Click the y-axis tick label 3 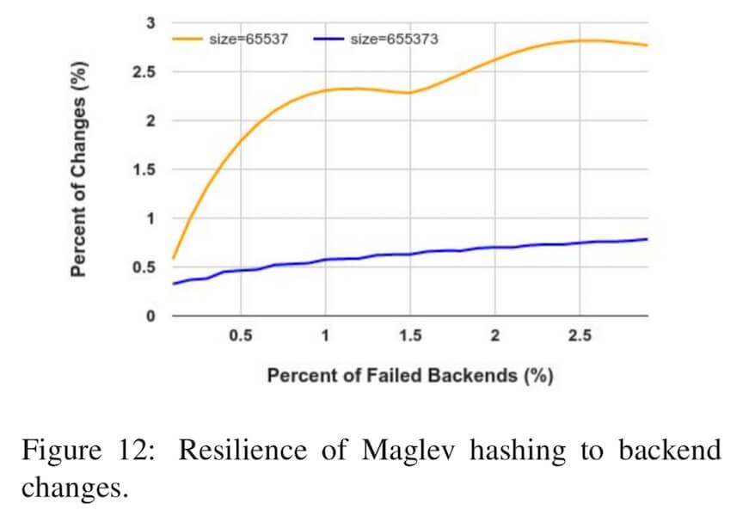click(150, 22)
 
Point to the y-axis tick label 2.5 click(144, 72)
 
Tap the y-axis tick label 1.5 click(144, 169)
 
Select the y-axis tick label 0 click(150, 316)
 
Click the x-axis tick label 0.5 click(240, 336)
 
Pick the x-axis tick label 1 click(325, 336)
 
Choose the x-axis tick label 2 click(494, 336)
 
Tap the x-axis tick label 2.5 click(580, 336)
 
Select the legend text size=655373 click(395, 39)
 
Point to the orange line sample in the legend click(187, 39)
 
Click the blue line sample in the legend click(328, 39)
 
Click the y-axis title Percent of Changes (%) click(78, 169)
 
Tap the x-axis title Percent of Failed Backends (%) click(409, 376)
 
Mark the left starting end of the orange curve click(173, 257)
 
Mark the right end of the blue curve click(647, 239)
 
